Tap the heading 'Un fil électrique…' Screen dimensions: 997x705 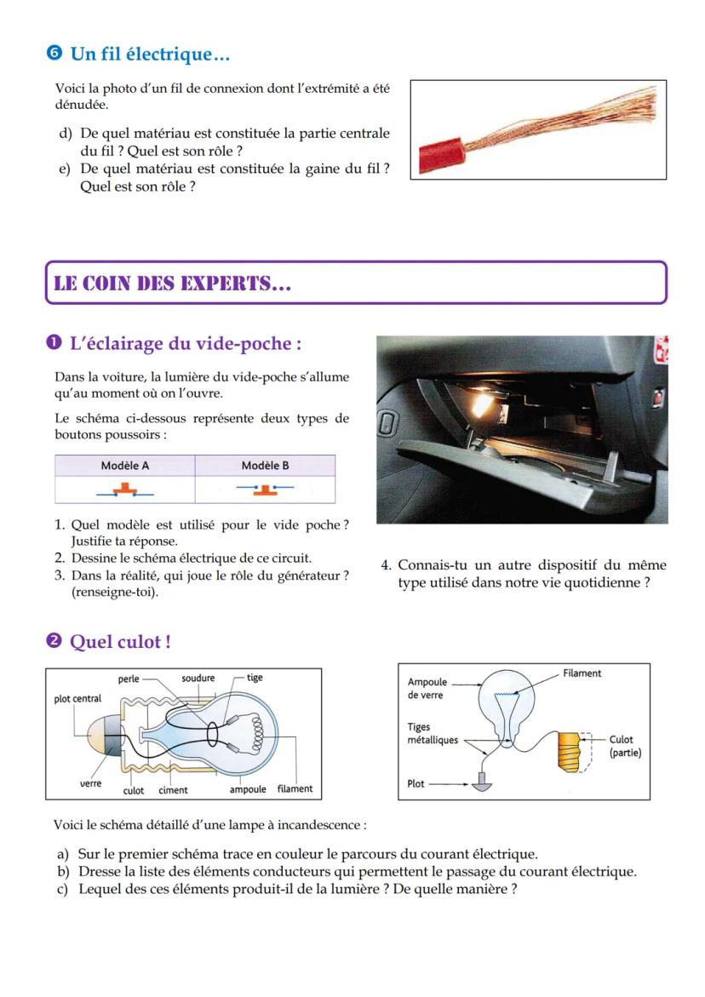(x=150, y=54)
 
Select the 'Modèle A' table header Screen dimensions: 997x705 (x=125, y=466)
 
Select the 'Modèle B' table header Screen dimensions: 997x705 (x=265, y=466)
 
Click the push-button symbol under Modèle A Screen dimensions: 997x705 (x=125, y=490)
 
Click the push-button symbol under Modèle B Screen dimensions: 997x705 (x=265, y=490)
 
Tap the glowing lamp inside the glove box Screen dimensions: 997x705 (x=482, y=402)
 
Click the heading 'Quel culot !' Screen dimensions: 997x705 (x=120, y=642)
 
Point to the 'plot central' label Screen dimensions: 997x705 (x=77, y=699)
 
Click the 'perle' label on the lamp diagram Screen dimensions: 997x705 (x=129, y=679)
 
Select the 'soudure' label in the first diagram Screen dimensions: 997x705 (x=198, y=679)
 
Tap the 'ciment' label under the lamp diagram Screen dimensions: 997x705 (x=173, y=790)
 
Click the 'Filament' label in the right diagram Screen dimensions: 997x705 (x=582, y=673)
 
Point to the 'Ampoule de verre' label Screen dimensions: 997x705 (x=425, y=689)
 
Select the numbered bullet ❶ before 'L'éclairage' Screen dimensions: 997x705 (x=55, y=344)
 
